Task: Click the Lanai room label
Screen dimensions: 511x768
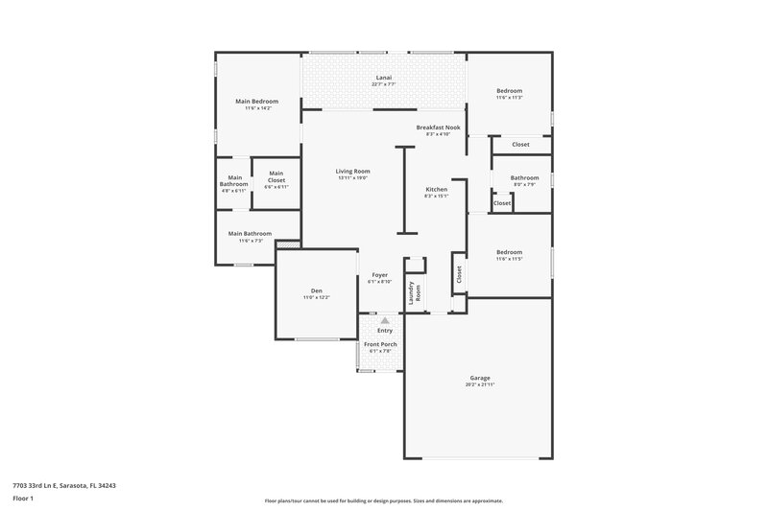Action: coord(383,78)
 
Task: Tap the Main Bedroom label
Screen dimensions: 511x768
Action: coord(256,101)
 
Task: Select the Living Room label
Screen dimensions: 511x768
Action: coord(353,171)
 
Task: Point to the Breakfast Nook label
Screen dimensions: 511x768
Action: coord(438,127)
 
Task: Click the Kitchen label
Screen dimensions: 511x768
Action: coord(437,189)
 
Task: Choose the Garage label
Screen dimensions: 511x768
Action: coord(480,377)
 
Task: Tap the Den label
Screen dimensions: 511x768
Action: coord(316,290)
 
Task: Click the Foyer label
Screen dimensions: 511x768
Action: coord(380,275)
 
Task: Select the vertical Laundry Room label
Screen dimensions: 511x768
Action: coord(415,293)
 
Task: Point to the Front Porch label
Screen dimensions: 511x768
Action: coord(380,344)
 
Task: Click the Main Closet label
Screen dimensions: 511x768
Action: coord(276,175)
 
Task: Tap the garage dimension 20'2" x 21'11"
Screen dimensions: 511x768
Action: coord(480,384)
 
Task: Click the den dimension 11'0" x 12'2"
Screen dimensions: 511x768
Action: coord(316,298)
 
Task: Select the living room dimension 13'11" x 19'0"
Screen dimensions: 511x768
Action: coord(353,178)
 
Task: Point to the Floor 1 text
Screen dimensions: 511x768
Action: coord(23,499)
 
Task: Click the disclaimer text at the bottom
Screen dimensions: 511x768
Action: coord(384,500)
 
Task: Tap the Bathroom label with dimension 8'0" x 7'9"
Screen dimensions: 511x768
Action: coord(524,176)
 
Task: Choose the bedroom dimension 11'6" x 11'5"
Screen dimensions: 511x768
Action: coord(510,260)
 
